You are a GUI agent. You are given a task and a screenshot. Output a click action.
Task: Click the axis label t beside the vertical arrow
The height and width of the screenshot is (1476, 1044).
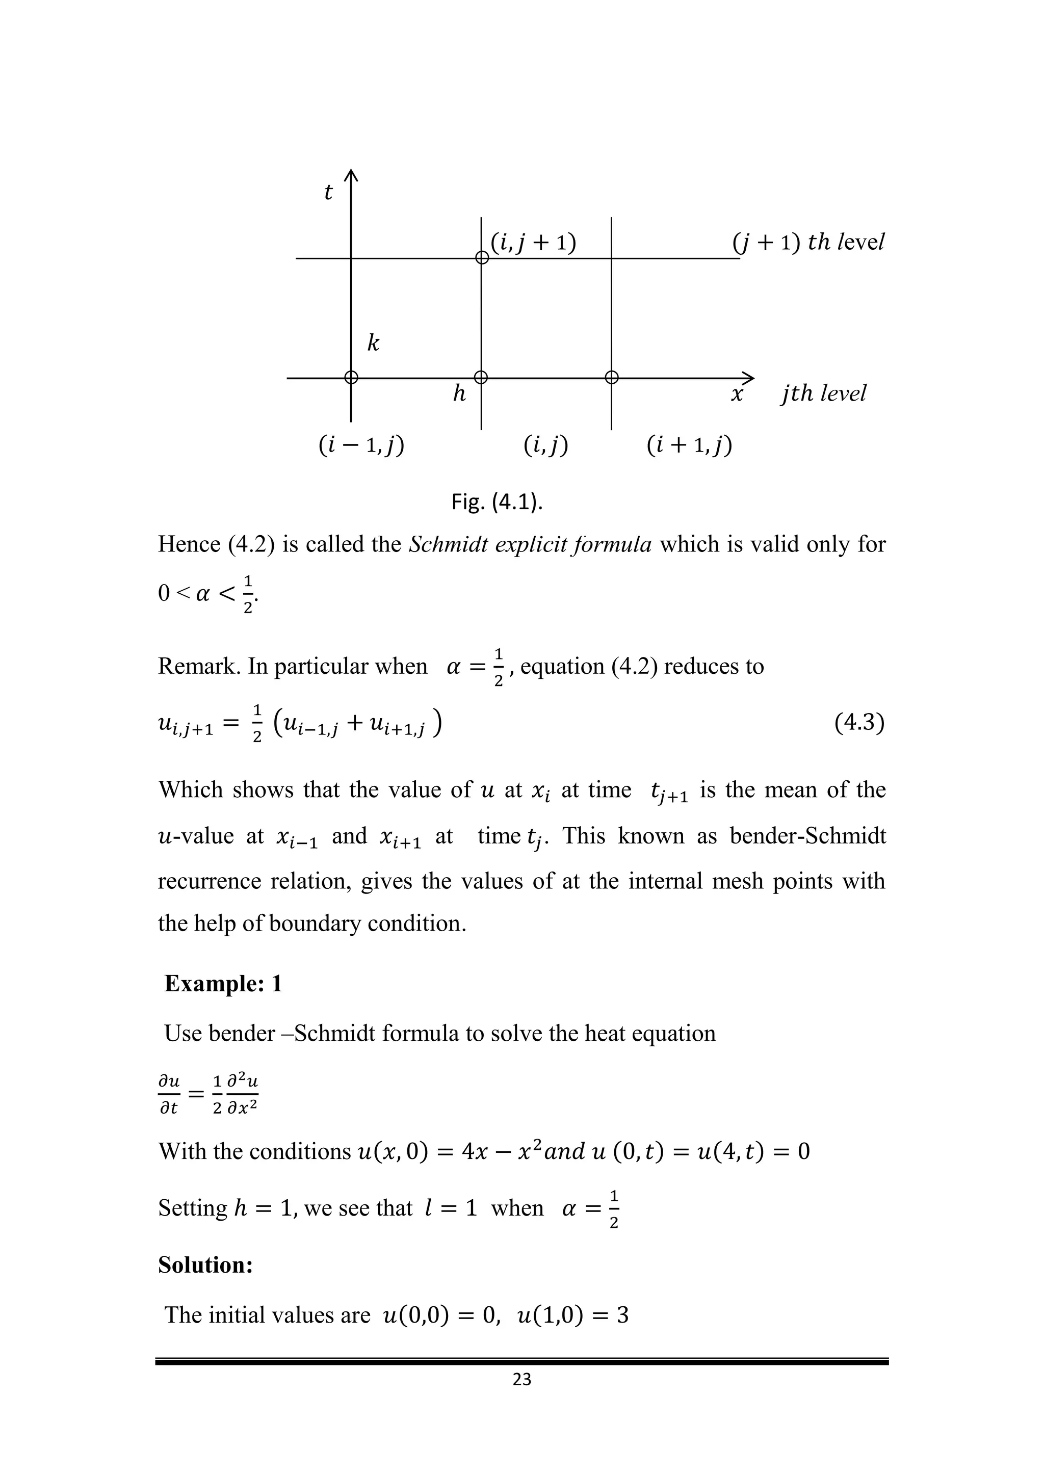328,192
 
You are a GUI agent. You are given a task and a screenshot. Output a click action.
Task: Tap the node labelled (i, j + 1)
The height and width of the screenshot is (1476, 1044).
482,258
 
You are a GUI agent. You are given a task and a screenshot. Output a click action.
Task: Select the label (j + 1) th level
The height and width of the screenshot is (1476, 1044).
808,243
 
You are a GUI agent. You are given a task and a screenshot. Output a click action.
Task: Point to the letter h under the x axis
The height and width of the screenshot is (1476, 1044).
459,393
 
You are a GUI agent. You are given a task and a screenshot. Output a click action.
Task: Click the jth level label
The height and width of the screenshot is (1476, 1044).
823,393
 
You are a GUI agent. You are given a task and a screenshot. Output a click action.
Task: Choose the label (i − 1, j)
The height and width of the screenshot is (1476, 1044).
361,445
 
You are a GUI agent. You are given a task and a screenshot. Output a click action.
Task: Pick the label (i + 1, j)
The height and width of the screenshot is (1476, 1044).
689,445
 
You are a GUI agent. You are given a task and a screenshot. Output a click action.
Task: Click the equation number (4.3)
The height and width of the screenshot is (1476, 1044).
859,723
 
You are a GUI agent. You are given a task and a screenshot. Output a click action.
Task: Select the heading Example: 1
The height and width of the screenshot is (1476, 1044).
223,984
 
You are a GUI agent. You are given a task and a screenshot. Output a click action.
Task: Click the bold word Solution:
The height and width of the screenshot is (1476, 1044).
205,1264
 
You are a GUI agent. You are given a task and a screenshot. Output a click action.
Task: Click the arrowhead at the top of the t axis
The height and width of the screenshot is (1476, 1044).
351,174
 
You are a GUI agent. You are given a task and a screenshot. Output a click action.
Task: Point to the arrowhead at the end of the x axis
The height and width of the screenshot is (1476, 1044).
749,378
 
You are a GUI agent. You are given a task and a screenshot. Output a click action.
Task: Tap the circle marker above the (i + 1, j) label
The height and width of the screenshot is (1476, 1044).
611,377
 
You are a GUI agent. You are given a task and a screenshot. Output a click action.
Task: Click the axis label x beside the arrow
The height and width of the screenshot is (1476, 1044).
737,393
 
